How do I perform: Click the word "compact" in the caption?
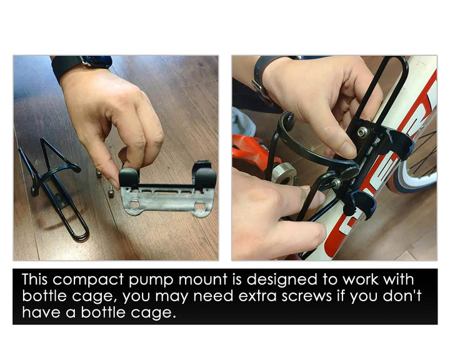[88, 279]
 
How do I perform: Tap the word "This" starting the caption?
[35, 279]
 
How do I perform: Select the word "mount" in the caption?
[202, 280]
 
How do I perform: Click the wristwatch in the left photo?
[82, 66]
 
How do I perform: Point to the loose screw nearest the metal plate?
[111, 192]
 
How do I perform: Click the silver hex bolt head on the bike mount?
[362, 131]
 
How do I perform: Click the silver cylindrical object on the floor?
[284, 173]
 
